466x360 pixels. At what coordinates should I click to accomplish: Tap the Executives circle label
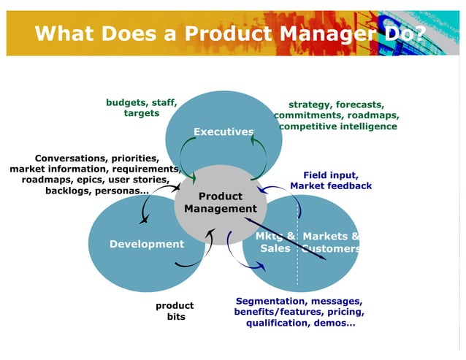coord(224,131)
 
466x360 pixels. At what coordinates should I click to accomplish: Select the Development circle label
coord(147,244)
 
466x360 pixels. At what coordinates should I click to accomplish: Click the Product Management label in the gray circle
coord(221,202)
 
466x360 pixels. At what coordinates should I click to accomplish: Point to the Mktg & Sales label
coord(275,242)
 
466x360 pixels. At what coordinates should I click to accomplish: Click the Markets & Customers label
coord(331,242)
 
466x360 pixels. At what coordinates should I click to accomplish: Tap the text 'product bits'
coord(175,311)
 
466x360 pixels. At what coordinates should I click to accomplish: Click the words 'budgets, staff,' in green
coord(142,102)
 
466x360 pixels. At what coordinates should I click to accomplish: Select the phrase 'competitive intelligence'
coord(338,126)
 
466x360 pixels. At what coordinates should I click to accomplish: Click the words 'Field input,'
coord(330,175)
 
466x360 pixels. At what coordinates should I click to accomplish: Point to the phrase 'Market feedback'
coord(331,186)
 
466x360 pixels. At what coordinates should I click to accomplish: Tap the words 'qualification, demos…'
coord(300,323)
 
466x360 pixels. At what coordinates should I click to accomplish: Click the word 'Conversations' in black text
coord(70,158)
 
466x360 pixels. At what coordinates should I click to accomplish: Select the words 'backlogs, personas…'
coord(97,191)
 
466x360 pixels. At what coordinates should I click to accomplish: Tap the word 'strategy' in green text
coord(310,104)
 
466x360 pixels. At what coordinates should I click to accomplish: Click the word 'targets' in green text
coord(142,113)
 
